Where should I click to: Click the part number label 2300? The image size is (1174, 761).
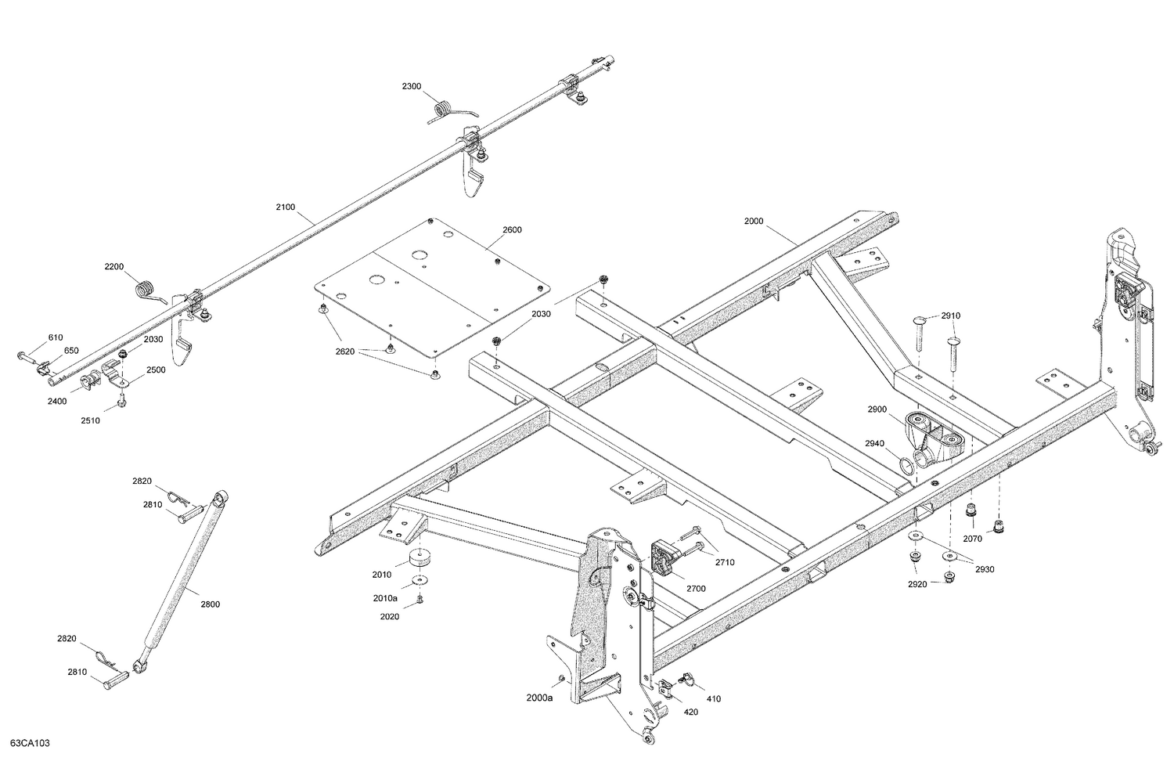pyautogui.click(x=412, y=85)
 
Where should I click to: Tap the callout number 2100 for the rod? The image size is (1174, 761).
pyautogui.click(x=286, y=207)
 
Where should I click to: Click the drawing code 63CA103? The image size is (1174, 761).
pyautogui.click(x=30, y=743)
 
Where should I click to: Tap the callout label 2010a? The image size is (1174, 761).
pyautogui.click(x=384, y=598)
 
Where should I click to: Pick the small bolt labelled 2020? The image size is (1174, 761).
pyautogui.click(x=420, y=600)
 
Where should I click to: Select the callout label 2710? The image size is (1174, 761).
pyautogui.click(x=725, y=562)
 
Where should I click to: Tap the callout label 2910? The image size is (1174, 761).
pyautogui.click(x=950, y=316)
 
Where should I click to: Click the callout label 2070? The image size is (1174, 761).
pyautogui.click(x=972, y=539)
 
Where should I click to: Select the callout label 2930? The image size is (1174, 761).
pyautogui.click(x=985, y=569)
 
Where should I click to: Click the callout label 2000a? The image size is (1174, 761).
pyautogui.click(x=539, y=698)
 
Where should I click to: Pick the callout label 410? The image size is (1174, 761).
pyautogui.click(x=713, y=698)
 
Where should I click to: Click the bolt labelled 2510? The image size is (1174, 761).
pyautogui.click(x=122, y=402)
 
